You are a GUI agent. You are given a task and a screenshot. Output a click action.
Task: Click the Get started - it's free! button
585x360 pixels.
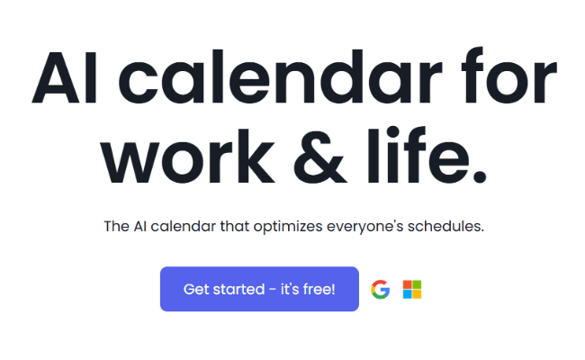click(259, 289)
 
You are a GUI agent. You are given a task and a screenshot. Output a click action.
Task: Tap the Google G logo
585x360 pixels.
click(381, 289)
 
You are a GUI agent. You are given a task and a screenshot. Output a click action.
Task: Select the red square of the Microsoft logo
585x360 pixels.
click(407, 284)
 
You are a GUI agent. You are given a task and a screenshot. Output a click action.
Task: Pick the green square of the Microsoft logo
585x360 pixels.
click(417, 284)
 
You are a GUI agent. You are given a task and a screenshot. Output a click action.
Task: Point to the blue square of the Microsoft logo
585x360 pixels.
click(407, 294)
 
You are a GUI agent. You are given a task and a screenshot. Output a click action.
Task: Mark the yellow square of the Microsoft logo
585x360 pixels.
click(417, 294)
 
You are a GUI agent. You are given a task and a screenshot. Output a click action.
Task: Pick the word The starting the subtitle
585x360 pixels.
click(117, 226)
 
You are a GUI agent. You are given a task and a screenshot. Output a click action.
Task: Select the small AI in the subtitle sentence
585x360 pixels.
click(142, 226)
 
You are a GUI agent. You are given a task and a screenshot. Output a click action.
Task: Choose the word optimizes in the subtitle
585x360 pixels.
click(294, 227)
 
